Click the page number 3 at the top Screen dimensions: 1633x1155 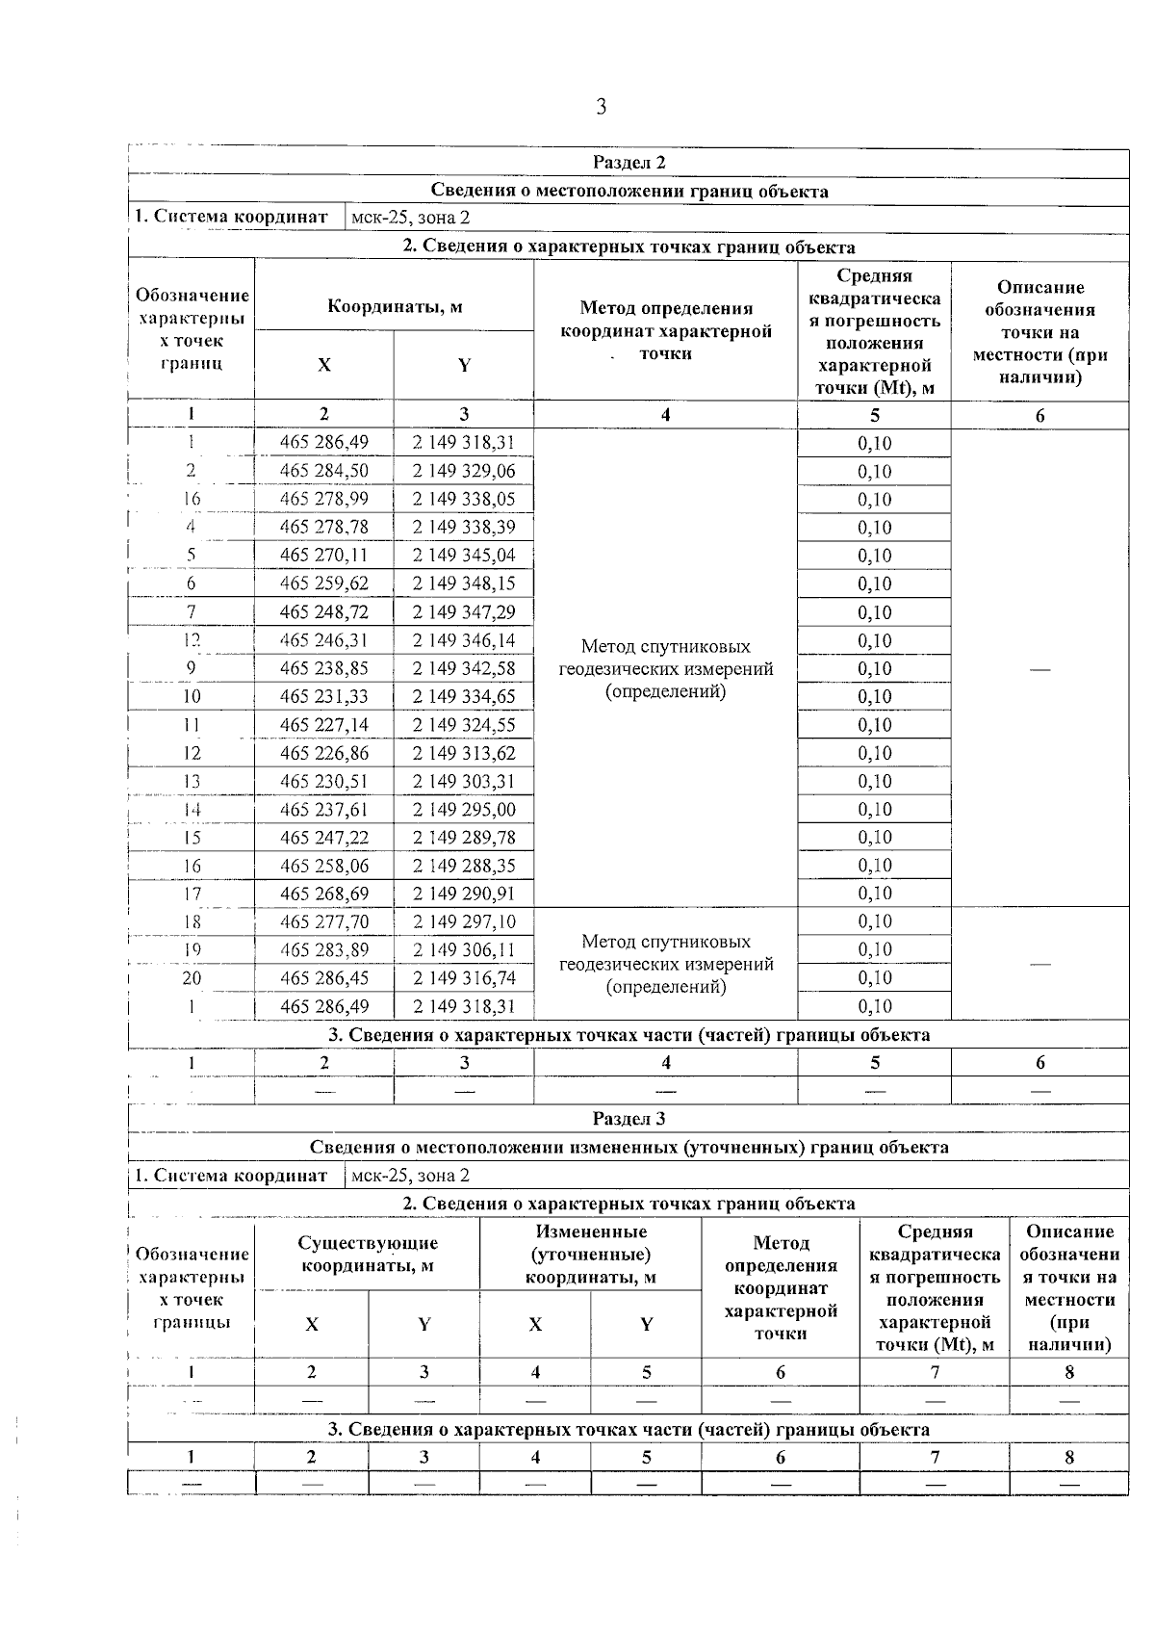pos(601,107)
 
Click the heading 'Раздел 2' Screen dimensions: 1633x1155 pos(629,163)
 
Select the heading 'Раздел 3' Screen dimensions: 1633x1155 pos(629,1119)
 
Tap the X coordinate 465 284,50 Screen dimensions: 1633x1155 pos(323,471)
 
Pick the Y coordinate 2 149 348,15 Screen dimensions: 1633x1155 pos(464,583)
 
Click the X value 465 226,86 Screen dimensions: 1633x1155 pos(323,753)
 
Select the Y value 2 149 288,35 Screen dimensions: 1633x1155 pos(464,866)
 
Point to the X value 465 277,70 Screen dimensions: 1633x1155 pos(323,922)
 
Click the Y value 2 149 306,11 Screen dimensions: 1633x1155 pos(464,950)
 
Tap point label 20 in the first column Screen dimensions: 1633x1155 pos(192,978)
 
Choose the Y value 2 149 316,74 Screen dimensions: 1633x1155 pos(464,978)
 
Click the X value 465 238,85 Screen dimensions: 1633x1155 pos(323,668)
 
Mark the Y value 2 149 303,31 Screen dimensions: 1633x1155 pos(464,781)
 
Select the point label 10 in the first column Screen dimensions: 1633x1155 pos(192,696)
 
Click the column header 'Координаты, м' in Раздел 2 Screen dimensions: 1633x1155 pos(395,307)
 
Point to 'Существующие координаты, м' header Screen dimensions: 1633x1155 pos(367,1255)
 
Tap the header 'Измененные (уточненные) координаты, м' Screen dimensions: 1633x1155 pos(590,1255)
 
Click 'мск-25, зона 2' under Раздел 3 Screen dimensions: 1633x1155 pos(411,1176)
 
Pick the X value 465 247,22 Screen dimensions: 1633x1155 pos(323,838)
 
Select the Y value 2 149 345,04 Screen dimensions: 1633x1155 pos(464,556)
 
